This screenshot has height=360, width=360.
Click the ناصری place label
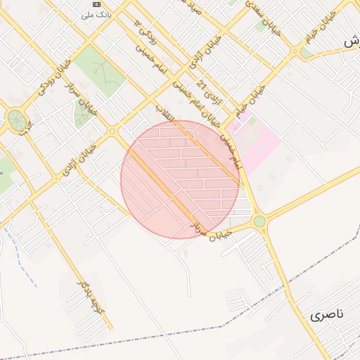pyautogui.click(x=326, y=315)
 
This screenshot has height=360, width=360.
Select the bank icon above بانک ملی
pyautogui.click(x=96, y=4)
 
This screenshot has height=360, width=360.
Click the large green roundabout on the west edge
pyautogui.click(x=16, y=120)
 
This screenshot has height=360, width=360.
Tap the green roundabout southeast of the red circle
pyautogui.click(x=259, y=221)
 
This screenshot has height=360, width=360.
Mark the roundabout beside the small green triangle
pyautogui.click(x=112, y=131)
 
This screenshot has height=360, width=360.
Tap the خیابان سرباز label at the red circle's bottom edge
pyautogui.click(x=211, y=230)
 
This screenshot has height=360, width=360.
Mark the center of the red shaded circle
pyautogui.click(x=180, y=179)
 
